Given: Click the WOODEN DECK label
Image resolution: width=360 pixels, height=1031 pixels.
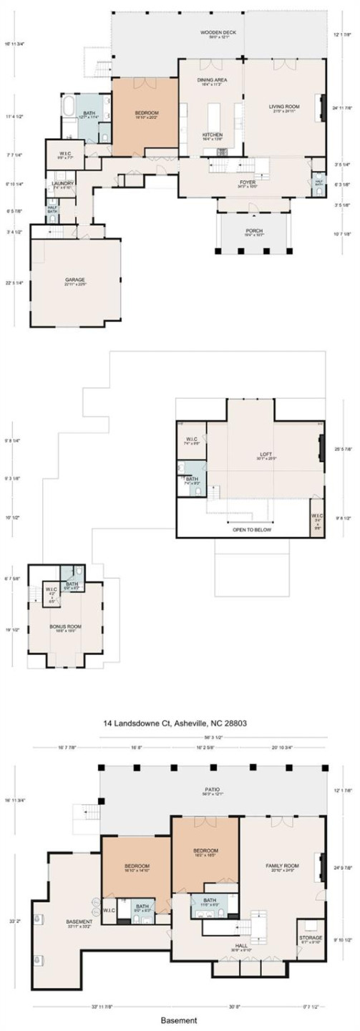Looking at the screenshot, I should coord(213,33).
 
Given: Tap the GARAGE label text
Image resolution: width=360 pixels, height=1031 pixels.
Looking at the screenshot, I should coord(74,280).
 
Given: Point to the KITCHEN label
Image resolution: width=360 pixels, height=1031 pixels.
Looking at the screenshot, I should coord(212,135).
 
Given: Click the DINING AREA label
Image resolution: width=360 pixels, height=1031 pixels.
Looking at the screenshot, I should coord(212,80).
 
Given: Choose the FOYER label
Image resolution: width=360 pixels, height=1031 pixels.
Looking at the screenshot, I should coord(247,183).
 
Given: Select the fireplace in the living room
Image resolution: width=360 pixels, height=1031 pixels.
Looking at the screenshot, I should coord(323,101).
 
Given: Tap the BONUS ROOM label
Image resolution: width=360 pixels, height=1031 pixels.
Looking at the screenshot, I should coord(62,626).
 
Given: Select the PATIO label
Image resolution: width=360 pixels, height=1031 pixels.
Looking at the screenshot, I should coord(214,790).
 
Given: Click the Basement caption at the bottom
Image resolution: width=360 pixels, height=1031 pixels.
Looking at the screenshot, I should coord(179,1020).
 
